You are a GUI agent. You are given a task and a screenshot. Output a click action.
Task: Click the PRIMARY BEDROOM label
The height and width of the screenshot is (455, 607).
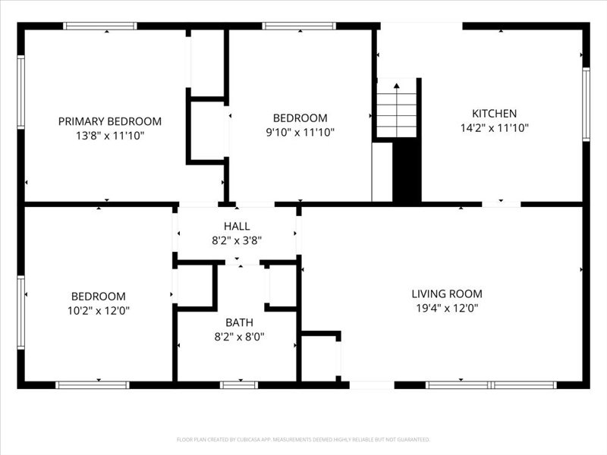tap(110, 121)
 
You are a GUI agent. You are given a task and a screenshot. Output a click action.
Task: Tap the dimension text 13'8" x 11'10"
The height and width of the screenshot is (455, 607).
tap(110, 136)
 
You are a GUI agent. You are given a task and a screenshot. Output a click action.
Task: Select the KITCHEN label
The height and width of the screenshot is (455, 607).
tap(494, 114)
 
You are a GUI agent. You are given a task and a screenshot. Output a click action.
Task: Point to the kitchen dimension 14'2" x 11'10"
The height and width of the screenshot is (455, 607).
tap(494, 128)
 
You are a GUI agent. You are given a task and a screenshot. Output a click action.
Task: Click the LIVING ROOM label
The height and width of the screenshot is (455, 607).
tap(446, 294)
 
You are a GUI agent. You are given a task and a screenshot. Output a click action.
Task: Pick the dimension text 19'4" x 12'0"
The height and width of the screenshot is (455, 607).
tap(446, 309)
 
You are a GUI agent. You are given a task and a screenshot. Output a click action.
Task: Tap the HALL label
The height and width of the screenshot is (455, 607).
tap(237, 226)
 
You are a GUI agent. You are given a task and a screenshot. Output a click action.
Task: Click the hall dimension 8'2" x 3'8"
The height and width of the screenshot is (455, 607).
tap(237, 240)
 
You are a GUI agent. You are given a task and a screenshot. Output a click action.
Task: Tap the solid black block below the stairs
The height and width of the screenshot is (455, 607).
tap(407, 171)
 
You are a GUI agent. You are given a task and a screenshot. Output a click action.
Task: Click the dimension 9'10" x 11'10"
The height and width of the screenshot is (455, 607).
tap(300, 132)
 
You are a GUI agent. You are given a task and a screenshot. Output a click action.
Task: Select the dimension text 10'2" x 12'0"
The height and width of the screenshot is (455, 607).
tap(99, 310)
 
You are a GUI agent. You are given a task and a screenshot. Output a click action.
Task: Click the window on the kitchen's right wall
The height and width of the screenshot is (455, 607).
tap(586, 105)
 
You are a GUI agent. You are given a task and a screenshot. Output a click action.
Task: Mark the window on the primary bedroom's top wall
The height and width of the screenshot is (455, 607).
tap(99, 26)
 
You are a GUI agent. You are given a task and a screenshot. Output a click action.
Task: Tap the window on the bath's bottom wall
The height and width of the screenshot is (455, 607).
tap(239, 385)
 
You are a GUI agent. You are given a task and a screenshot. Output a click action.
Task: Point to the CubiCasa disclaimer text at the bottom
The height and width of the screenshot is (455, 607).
tap(303, 439)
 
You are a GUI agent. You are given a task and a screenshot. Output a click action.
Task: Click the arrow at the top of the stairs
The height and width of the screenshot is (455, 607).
tap(396, 86)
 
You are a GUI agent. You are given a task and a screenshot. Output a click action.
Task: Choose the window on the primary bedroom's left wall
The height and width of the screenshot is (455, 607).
tap(21, 92)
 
